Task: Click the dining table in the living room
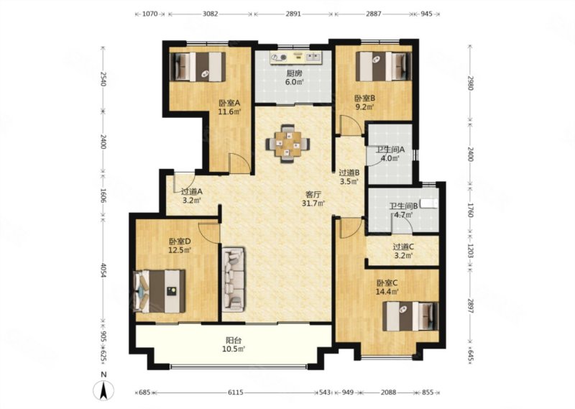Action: pos(288,144)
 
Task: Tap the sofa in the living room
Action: pos(233,280)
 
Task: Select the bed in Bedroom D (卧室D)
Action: pos(160,292)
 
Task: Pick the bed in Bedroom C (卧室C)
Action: pos(410,316)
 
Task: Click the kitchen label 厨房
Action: pos(294,73)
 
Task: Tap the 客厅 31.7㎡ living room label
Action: pos(313,198)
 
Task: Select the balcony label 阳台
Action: pos(233,341)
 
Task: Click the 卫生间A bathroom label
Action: pos(390,150)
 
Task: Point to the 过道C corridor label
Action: pos(404,247)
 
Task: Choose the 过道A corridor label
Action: pos(192,191)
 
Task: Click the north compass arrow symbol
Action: pos(103,390)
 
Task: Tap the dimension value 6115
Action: pos(236,392)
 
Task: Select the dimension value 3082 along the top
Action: pos(211,14)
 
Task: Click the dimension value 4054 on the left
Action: pos(103,270)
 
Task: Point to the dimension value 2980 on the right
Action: pos(471,83)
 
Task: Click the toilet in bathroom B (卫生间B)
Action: pos(428,203)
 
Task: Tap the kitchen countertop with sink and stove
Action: pos(295,57)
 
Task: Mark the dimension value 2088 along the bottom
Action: pos(388,392)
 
